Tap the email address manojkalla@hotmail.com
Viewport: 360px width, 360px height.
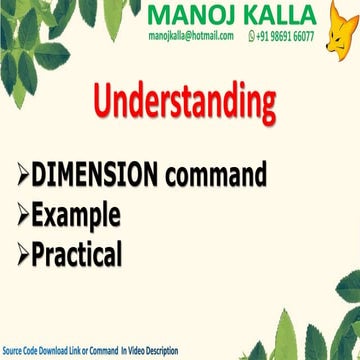190,35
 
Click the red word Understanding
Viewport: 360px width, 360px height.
184,102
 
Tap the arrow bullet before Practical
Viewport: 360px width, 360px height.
22,255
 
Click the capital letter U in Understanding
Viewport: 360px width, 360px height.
106,102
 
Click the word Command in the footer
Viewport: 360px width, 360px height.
103,352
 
